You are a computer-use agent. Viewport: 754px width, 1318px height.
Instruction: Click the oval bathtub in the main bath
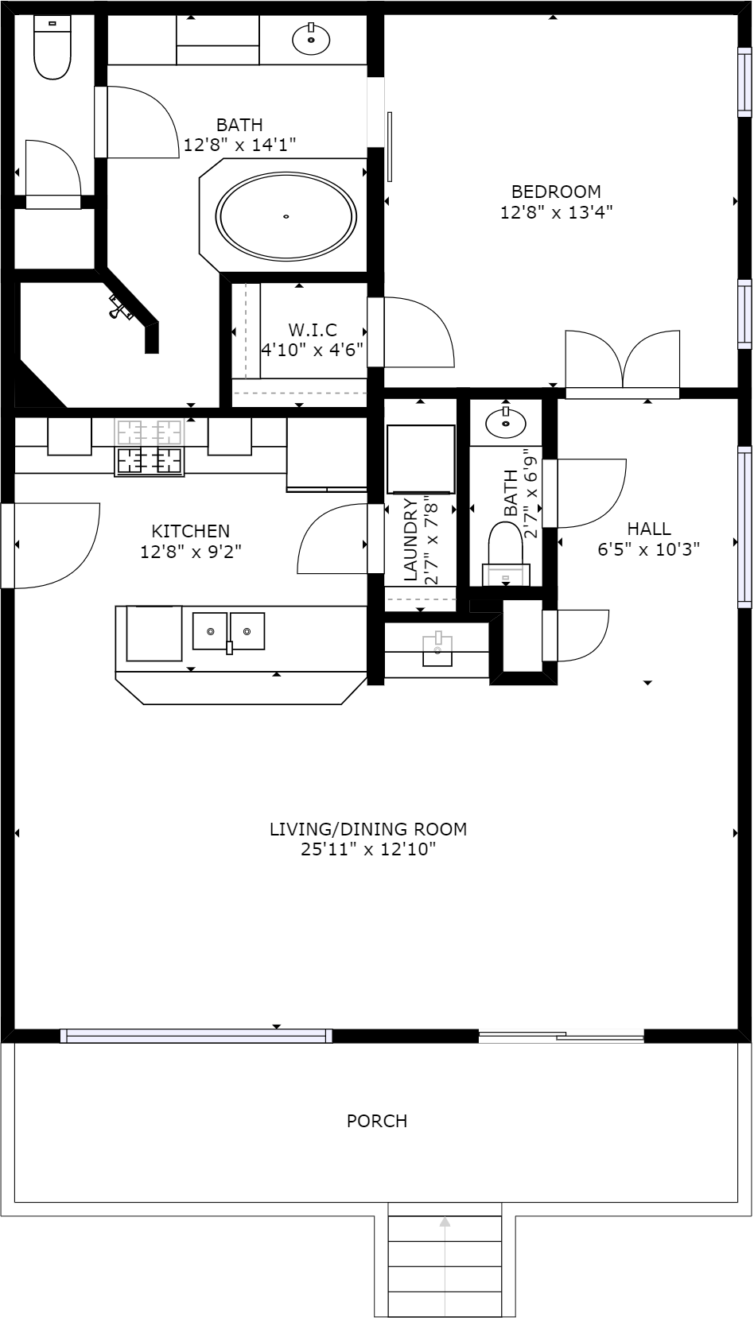point(286,216)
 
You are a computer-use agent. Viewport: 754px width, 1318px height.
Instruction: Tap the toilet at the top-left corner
point(52,47)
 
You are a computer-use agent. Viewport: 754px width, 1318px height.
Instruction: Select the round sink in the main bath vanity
point(311,39)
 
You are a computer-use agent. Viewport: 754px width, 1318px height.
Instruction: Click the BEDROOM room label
point(556,192)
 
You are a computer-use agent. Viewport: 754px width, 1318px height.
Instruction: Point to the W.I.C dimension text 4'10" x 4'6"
point(312,350)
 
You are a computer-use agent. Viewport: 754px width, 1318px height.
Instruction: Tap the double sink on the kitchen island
point(229,631)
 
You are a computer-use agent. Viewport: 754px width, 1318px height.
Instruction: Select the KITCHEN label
point(191,531)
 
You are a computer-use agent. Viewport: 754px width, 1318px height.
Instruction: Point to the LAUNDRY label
point(410,540)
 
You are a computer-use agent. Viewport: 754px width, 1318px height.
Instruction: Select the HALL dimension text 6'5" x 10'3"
point(649,549)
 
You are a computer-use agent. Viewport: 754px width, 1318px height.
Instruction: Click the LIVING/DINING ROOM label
point(368,829)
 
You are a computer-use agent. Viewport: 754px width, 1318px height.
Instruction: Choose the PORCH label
point(377,1121)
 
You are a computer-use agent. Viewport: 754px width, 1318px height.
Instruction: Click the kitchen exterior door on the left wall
point(51,545)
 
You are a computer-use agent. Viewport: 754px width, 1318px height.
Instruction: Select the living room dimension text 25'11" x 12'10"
point(368,849)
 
